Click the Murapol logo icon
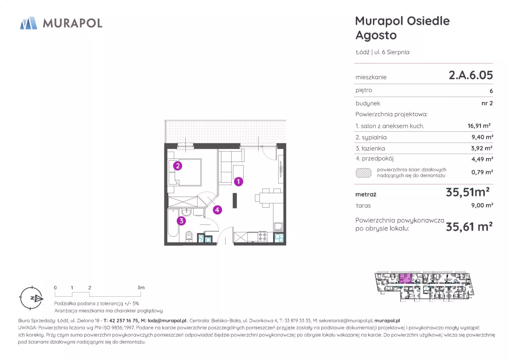click(x=29, y=23)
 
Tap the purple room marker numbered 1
click(x=238, y=182)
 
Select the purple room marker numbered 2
click(x=178, y=166)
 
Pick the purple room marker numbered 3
click(x=181, y=221)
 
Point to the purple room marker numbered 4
click(x=217, y=210)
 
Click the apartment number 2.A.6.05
click(x=471, y=75)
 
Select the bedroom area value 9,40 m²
click(x=482, y=137)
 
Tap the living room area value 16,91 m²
click(x=479, y=126)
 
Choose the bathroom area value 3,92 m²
click(x=482, y=148)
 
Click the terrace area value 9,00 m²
click(x=482, y=205)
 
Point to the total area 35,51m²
click(x=468, y=192)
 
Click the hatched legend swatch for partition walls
click(x=363, y=173)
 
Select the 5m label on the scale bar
click(x=141, y=288)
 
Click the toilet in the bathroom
click(x=189, y=236)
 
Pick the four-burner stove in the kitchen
click(x=262, y=237)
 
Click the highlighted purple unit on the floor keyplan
click(x=405, y=279)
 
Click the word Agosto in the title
click(x=376, y=35)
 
